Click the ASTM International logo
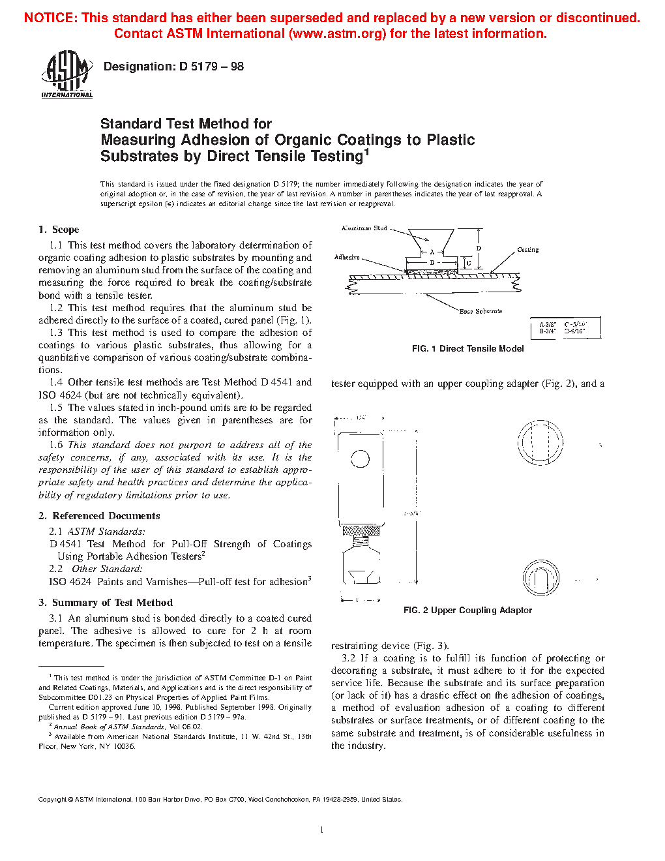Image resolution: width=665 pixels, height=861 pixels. (66, 74)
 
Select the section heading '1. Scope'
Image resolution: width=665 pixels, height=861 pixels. (59, 230)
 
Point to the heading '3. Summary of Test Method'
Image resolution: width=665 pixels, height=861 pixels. (106, 603)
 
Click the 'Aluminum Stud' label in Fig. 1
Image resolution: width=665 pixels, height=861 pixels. (364, 228)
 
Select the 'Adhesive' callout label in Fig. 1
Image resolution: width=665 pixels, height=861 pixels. (347, 258)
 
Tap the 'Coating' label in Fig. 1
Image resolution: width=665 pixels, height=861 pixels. (528, 250)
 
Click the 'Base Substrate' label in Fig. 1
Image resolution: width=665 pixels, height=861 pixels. (480, 312)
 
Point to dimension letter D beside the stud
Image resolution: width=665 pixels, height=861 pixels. (479, 249)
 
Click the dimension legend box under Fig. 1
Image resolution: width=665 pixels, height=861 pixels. (566, 327)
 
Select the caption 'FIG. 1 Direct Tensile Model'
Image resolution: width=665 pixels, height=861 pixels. (467, 349)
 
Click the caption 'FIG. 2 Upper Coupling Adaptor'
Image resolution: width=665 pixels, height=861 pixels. (467, 611)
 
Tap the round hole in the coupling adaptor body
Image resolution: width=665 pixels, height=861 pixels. (360, 459)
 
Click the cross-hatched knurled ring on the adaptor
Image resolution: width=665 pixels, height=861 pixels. (361, 530)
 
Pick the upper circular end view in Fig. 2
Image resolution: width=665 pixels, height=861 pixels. (540, 442)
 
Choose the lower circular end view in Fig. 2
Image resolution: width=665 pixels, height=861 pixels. (540, 578)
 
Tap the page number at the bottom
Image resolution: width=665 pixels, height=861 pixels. (322, 830)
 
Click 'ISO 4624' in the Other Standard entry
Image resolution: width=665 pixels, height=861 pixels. (70, 582)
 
